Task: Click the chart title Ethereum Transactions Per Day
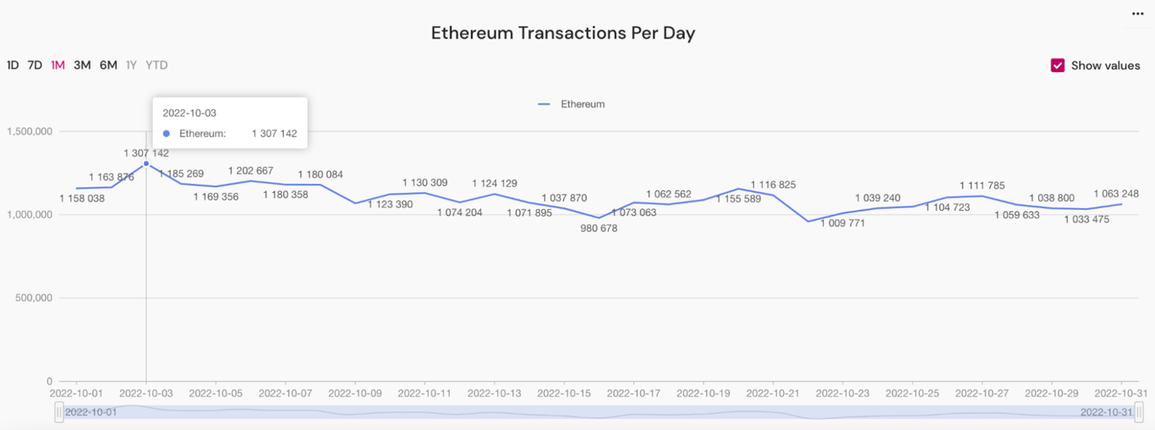point(562,33)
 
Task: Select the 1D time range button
point(13,65)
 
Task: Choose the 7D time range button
point(35,65)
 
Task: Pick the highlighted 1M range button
point(57,65)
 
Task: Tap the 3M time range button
point(82,65)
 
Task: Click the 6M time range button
point(108,65)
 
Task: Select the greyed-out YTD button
point(156,65)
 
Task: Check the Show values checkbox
point(1058,65)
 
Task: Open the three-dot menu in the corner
point(1137,14)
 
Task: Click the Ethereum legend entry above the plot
point(572,104)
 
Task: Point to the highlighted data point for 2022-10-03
point(146,163)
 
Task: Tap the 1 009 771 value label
point(842,223)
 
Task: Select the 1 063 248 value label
point(1115,194)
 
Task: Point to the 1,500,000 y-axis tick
point(30,131)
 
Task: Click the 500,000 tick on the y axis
point(33,298)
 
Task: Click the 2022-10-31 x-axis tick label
point(1121,394)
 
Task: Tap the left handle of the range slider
point(59,412)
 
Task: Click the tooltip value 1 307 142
point(274,134)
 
